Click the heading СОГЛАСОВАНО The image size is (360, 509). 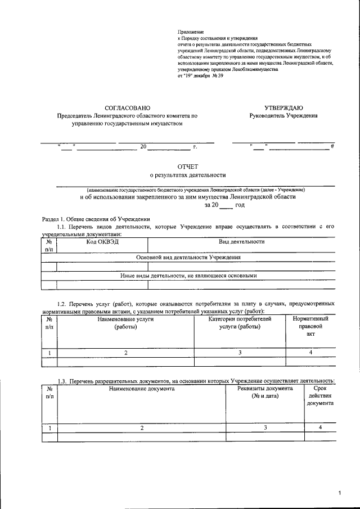(x=128, y=107)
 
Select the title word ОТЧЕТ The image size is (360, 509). (x=188, y=167)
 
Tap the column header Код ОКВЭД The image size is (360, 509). (x=102, y=242)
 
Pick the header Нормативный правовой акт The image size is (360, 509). (x=310, y=326)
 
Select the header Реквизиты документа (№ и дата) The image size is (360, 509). (x=265, y=393)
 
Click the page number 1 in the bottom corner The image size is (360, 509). (x=340, y=494)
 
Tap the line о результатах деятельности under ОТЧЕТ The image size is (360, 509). (x=187, y=175)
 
